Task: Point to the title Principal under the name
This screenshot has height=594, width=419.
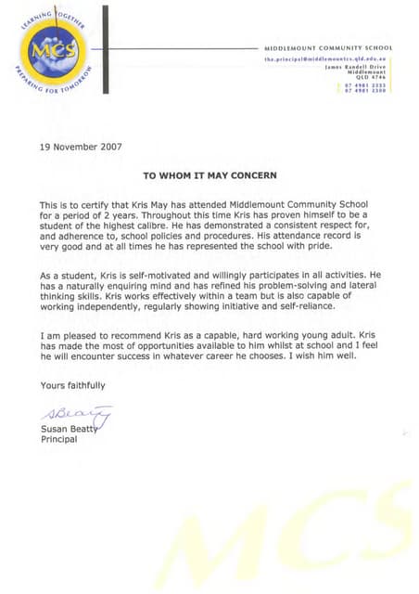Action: (x=57, y=439)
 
